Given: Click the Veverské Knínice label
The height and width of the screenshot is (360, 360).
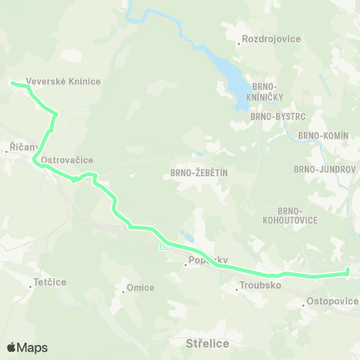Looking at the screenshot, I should coord(63,81).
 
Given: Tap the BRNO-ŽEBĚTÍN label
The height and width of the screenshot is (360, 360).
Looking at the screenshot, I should coord(193,173).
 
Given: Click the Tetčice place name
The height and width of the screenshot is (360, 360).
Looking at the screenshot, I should coord(51,284).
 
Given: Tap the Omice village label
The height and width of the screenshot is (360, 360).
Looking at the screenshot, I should coord(140,287).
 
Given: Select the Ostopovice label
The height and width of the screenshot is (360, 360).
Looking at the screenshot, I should coord(330,301).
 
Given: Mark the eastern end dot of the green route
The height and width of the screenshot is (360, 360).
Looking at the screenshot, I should coord(348,272).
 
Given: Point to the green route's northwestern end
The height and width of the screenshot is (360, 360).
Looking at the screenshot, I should coord(13,83).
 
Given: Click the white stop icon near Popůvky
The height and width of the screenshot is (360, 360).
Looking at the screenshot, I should coord(165,245).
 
